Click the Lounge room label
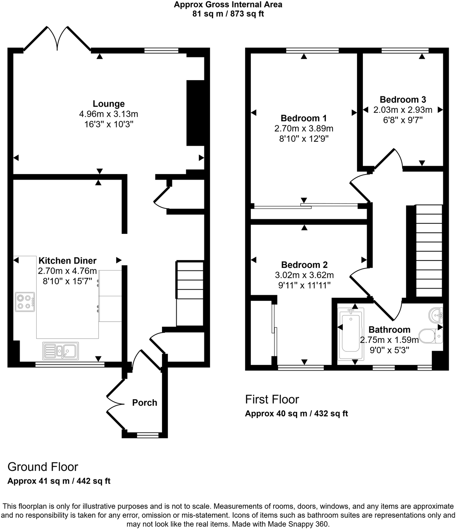tap(109, 104)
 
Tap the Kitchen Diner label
tap(67, 261)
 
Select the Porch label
tap(145, 403)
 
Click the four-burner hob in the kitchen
tap(25, 302)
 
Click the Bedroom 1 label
tap(304, 118)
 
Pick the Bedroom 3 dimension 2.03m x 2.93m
tap(403, 110)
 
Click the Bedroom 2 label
tap(304, 265)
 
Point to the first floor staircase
tap(429, 251)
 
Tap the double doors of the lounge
tap(58, 39)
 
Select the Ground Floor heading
tap(43, 467)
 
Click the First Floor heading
tap(272, 400)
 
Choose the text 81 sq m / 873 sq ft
tap(228, 14)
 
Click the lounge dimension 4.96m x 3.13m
tap(109, 114)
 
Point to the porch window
tap(148, 435)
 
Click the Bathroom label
tap(389, 330)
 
